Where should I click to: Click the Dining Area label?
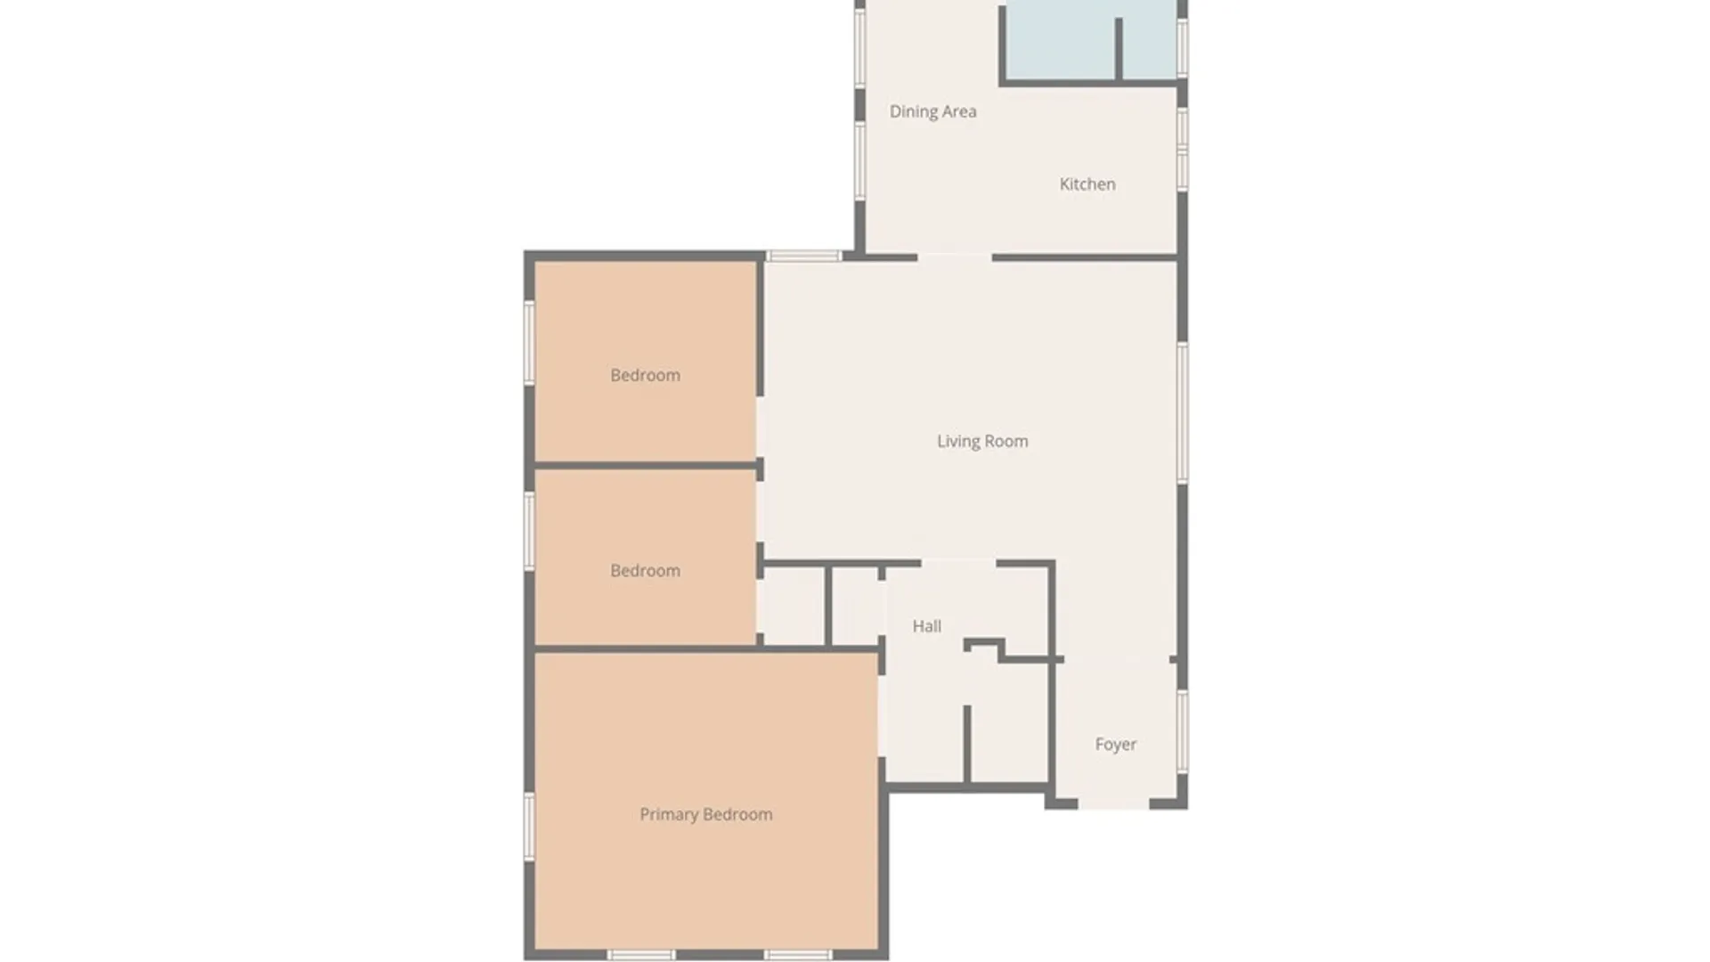(932, 111)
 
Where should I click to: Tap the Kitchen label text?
(1087, 184)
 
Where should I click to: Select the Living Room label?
(981, 441)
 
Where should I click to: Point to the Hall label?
(926, 626)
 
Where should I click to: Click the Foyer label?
(1115, 744)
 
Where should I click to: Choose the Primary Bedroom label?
(705, 814)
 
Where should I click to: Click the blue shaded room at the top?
(1060, 40)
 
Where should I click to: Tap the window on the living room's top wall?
(803, 257)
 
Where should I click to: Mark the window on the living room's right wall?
(1183, 412)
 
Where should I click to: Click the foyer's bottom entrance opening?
(1113, 804)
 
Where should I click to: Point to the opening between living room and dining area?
(955, 257)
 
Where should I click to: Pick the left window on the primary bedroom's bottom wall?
(641, 955)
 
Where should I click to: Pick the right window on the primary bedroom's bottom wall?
(799, 955)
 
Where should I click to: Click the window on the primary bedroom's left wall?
(529, 827)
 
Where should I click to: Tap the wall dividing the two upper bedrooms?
(646, 465)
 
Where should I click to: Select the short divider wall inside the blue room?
(1119, 49)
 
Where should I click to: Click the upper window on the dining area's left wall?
(859, 46)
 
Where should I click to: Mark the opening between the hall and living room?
(958, 563)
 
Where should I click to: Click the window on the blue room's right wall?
(1183, 46)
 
